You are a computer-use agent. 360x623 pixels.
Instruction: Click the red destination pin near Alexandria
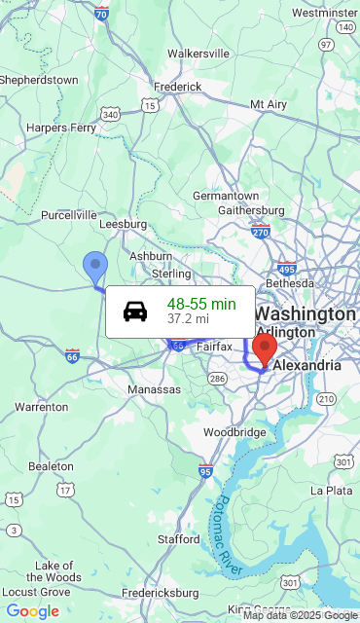[264, 347]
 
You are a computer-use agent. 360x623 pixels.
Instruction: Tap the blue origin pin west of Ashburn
[94, 265]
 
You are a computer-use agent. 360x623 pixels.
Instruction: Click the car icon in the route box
[135, 311]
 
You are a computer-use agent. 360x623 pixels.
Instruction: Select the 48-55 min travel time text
[201, 304]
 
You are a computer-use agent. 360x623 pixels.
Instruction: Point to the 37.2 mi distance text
[188, 318]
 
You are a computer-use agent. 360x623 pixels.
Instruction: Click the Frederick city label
[177, 86]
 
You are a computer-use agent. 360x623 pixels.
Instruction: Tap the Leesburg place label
[123, 223]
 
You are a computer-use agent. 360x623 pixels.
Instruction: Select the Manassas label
[154, 389]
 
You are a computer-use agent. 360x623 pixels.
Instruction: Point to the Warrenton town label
[42, 407]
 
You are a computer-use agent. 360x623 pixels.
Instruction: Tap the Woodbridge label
[234, 432]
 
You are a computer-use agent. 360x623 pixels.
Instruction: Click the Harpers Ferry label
[61, 128]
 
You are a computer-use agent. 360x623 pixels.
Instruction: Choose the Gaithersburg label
[251, 209]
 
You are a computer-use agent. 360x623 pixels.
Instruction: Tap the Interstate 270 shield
[261, 231]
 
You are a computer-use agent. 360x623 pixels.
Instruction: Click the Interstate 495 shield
[286, 269]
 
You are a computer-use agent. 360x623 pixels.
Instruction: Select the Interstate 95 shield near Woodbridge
[204, 471]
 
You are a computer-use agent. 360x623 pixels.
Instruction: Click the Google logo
[32, 611]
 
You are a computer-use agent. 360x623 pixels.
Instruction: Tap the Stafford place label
[178, 538]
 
